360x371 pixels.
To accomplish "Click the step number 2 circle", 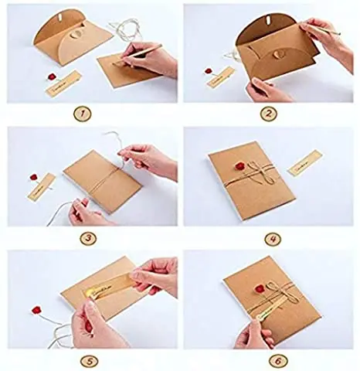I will click(268, 114).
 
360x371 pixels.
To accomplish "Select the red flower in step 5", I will click(36, 311).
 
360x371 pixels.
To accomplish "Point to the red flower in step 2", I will click(209, 70).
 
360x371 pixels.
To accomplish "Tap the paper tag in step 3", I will click(41, 185).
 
